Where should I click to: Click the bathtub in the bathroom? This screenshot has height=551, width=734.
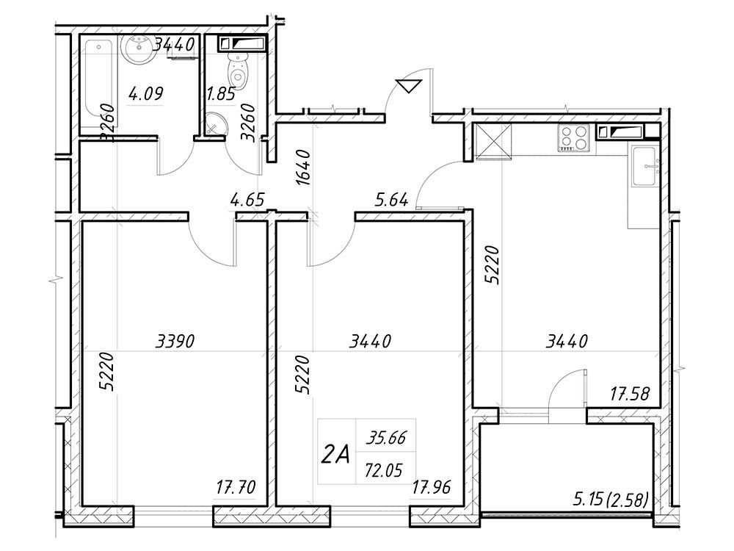[x=99, y=84]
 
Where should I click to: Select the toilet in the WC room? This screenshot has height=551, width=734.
[x=238, y=71]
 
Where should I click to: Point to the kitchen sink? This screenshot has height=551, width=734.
[x=645, y=166]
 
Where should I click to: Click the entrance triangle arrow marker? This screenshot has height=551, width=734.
[x=409, y=86]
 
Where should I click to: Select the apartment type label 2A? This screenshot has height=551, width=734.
[x=335, y=454]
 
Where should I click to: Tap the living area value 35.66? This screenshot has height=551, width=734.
[x=386, y=439]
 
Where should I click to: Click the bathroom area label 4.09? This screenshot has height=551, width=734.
[x=145, y=94]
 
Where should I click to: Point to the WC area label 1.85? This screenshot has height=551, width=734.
[x=220, y=95]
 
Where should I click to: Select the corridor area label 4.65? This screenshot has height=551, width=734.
[x=247, y=200]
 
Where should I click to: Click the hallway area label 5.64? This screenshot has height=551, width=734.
[x=392, y=200]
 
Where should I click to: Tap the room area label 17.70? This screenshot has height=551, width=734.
[x=236, y=487]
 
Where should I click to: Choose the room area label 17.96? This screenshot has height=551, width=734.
[x=432, y=487]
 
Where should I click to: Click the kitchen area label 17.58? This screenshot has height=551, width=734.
[x=630, y=394]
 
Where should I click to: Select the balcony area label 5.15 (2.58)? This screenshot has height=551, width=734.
[x=611, y=500]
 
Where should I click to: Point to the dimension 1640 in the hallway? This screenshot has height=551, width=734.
[x=303, y=168]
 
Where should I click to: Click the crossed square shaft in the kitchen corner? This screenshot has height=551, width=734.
[x=493, y=141]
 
